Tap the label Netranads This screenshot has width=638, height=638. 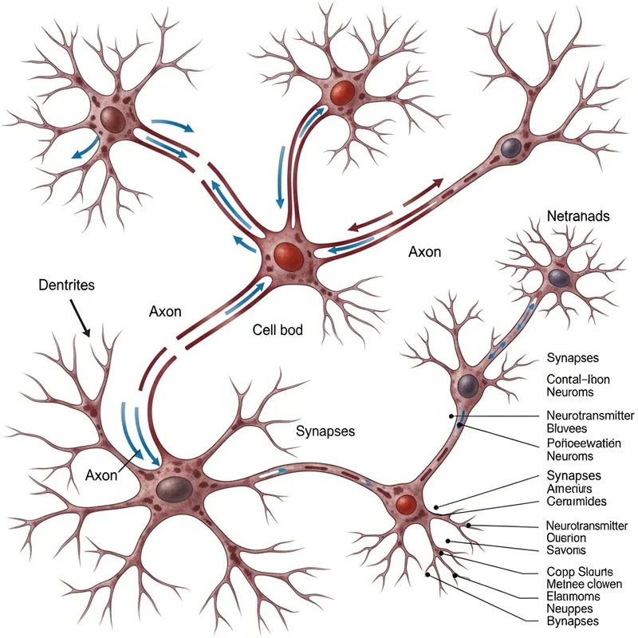pos(580,216)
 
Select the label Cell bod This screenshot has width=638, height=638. pos(278,329)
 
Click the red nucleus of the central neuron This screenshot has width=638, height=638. pos(288,257)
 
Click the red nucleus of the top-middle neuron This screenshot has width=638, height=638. pos(341,89)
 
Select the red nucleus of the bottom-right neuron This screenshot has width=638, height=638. pos(407,504)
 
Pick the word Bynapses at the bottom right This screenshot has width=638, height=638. pos(573,620)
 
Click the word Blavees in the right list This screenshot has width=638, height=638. pos(571,428)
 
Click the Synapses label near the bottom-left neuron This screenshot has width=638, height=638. pos(325,431)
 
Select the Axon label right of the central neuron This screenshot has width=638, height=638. pos(424,251)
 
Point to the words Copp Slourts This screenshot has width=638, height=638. pos(580,572)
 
